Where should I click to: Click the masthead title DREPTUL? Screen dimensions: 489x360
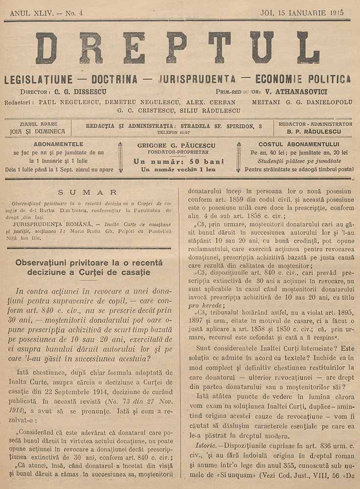pos(177,48)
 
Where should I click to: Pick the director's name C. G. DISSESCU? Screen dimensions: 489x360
pos(81,91)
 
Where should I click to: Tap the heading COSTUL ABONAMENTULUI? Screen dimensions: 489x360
pos(299,144)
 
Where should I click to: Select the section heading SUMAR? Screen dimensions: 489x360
pos(87,193)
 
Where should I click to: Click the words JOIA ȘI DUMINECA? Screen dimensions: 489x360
pos(37,132)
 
